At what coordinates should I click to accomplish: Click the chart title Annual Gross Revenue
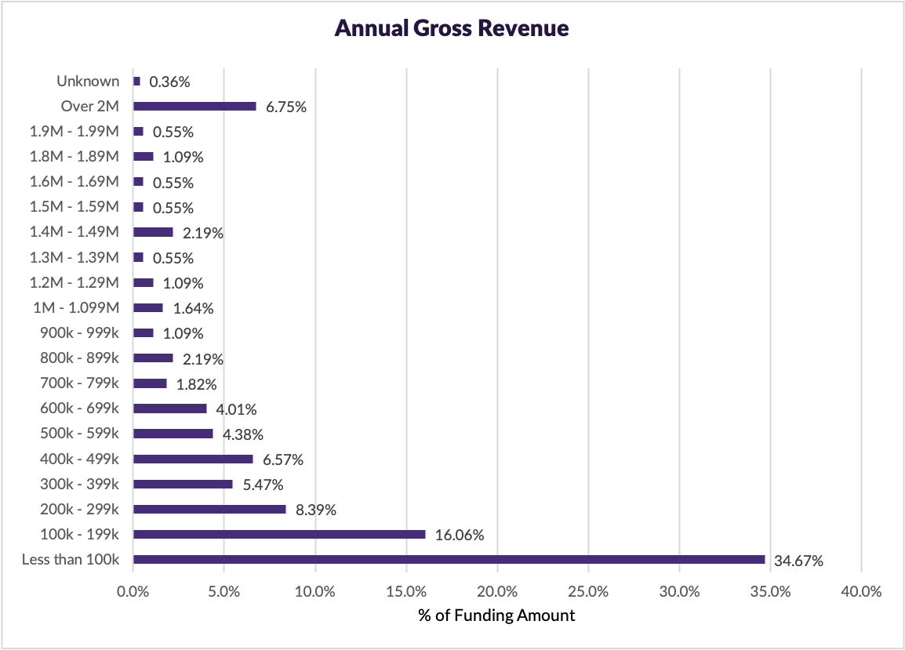tap(452, 29)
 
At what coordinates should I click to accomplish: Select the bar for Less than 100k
tap(449, 560)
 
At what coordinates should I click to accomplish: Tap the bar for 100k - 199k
tap(279, 535)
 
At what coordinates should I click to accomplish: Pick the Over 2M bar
tap(194, 107)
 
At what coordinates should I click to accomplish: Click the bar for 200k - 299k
tap(209, 510)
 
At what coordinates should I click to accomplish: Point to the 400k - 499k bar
tap(193, 459)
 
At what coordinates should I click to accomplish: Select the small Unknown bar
tap(136, 82)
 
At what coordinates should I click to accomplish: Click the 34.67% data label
tap(798, 561)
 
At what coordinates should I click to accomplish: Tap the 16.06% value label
tap(460, 536)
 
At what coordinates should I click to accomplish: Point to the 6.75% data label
tap(285, 107)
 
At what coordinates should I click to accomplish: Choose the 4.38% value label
tap(242, 434)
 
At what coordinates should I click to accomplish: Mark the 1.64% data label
tap(193, 308)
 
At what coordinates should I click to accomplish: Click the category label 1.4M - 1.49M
tap(75, 232)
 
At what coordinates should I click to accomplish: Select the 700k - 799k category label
tap(79, 383)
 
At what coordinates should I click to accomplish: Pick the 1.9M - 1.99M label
tap(75, 132)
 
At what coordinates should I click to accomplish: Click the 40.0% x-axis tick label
tap(861, 592)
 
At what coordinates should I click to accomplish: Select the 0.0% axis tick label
tap(133, 592)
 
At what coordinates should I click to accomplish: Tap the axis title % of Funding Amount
tap(496, 616)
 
